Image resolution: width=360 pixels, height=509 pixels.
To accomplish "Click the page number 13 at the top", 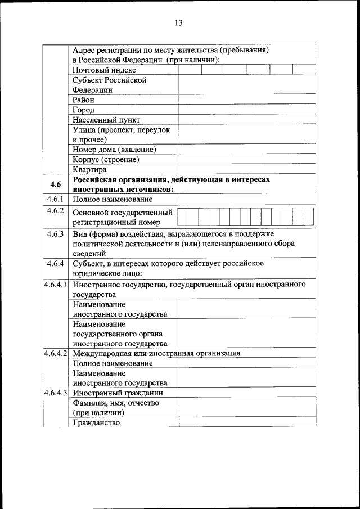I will pyautogui.click(x=179, y=23).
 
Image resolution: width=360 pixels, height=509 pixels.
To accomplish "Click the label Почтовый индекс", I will pyautogui.click(x=104, y=70).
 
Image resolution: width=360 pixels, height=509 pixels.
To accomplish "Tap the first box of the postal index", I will pyautogui.click(x=190, y=70).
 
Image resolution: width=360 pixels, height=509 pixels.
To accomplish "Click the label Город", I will pyautogui.click(x=83, y=110).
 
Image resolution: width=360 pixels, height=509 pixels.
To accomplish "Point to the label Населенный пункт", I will pyautogui.click(x=106, y=120).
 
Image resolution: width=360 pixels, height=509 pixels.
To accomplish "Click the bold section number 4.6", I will pyautogui.click(x=55, y=184).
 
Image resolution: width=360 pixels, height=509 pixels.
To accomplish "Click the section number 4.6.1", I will pyautogui.click(x=55, y=199).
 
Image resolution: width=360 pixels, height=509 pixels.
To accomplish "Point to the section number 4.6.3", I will pyautogui.click(x=55, y=233).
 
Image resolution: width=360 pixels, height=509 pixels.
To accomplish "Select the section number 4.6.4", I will pyautogui.click(x=55, y=263).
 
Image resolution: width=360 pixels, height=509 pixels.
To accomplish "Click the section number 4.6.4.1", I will pyautogui.click(x=56, y=285).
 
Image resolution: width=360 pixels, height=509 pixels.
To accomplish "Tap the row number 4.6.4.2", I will pyautogui.click(x=56, y=353).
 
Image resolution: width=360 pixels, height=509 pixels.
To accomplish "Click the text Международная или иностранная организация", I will pyautogui.click(x=156, y=353).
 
